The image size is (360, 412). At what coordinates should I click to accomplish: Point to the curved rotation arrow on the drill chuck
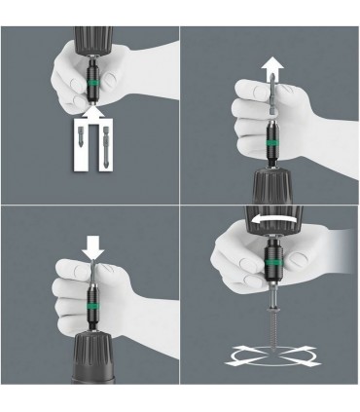(x=270, y=224)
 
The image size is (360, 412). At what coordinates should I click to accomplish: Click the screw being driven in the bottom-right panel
(x=270, y=326)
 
